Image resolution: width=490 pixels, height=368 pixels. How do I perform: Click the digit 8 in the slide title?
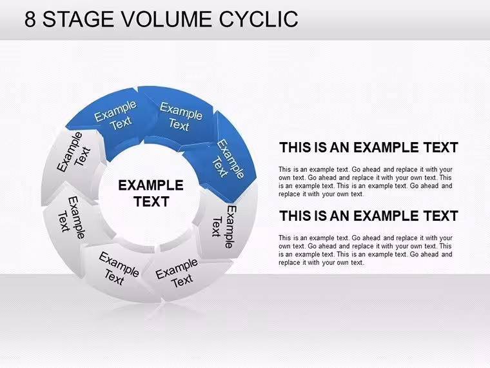(x=30, y=19)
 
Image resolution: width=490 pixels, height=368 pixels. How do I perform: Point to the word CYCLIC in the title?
(x=259, y=19)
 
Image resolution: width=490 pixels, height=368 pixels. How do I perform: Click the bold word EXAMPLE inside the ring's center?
(x=151, y=185)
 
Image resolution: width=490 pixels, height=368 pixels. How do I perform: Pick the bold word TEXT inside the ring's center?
(x=152, y=201)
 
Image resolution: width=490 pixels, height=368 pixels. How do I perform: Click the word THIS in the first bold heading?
(x=295, y=147)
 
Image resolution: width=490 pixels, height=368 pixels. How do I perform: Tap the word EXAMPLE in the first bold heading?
(x=386, y=147)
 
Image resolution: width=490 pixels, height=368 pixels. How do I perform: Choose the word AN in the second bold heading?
(x=339, y=216)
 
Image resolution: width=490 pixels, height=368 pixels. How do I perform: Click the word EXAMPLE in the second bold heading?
(x=386, y=216)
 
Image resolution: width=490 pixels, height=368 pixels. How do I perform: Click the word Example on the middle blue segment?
(x=181, y=111)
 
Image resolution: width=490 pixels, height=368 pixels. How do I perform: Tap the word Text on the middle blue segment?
(x=179, y=125)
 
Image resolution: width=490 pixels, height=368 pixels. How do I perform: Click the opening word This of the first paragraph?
(x=285, y=169)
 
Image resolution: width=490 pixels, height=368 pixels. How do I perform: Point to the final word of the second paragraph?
(x=357, y=263)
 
